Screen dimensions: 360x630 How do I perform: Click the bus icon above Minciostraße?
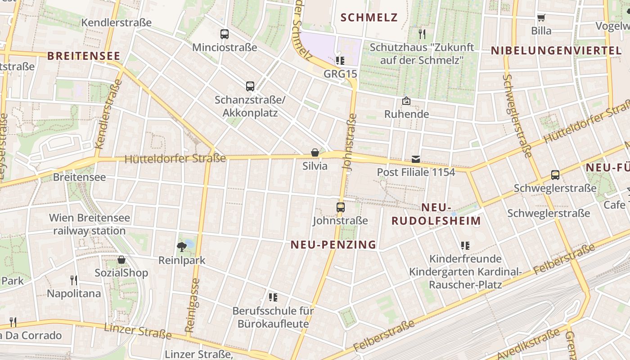(x=224, y=34)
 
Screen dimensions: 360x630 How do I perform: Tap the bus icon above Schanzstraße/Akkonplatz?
(x=250, y=86)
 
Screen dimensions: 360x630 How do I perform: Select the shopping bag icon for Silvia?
(x=315, y=153)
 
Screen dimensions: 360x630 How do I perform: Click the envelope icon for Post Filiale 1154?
(x=416, y=159)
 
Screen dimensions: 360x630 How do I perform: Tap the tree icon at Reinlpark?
(x=182, y=247)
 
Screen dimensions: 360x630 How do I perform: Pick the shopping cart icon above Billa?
(x=541, y=18)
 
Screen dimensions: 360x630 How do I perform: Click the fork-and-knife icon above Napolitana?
(x=74, y=280)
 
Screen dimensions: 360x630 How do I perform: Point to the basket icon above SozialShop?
(x=121, y=260)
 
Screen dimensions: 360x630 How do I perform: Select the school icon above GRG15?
(x=340, y=60)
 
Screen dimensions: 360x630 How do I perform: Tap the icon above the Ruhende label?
(x=406, y=101)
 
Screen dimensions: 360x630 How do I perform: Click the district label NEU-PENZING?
(x=333, y=245)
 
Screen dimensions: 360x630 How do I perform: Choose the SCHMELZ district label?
(x=369, y=18)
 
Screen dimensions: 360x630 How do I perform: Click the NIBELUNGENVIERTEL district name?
(x=556, y=50)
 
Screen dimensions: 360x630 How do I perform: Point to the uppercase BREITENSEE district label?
(x=84, y=56)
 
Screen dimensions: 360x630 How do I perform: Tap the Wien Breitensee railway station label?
(x=90, y=224)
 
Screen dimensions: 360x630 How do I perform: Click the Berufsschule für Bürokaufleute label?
(x=273, y=317)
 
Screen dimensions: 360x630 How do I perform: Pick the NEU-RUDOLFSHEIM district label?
(x=436, y=214)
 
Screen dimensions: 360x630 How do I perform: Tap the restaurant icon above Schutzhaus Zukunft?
(x=422, y=34)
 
